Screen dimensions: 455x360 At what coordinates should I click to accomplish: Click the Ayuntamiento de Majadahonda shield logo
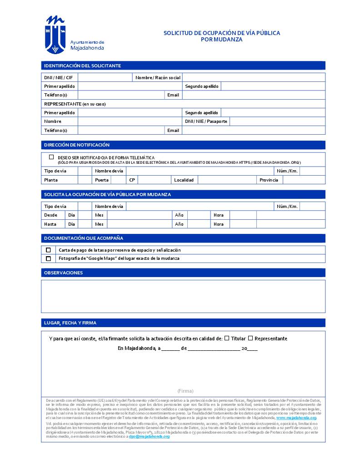pos(55,35)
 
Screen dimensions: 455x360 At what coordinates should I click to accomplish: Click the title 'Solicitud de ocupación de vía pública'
pos(222,33)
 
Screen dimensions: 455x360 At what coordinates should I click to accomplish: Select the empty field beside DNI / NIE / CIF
pos(105,77)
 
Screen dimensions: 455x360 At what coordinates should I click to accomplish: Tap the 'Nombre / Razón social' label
pos(158,77)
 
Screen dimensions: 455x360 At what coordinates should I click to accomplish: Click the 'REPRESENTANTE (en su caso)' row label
pos(75,104)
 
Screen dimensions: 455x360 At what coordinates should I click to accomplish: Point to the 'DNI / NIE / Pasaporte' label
pos(206,121)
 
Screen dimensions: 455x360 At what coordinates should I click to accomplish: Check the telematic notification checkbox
pos(51,157)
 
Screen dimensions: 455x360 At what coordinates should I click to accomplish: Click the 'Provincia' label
pos(269,180)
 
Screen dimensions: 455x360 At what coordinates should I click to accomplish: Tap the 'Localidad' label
pos(184,180)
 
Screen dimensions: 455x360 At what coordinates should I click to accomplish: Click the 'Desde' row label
pos(51,215)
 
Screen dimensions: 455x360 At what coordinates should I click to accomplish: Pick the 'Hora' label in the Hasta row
pos(219,224)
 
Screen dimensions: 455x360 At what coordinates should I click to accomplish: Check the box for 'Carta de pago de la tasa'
pos(48,250)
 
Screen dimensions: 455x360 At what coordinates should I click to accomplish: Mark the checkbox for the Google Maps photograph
pos(48,258)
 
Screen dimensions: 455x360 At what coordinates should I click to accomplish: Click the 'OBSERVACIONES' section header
pos(63,273)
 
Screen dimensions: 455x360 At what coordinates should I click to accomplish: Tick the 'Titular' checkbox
pos(227,338)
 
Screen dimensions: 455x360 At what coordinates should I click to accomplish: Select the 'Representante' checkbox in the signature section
pos(250,338)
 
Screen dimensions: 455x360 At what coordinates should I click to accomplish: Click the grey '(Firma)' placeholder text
pos(185,391)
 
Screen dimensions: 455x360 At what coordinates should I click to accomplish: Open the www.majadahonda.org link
pos(296,418)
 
